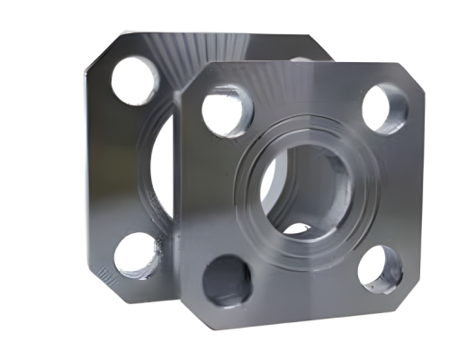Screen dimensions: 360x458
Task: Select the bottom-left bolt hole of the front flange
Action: [x=225, y=280]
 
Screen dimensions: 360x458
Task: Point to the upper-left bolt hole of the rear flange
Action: [x=136, y=79]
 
